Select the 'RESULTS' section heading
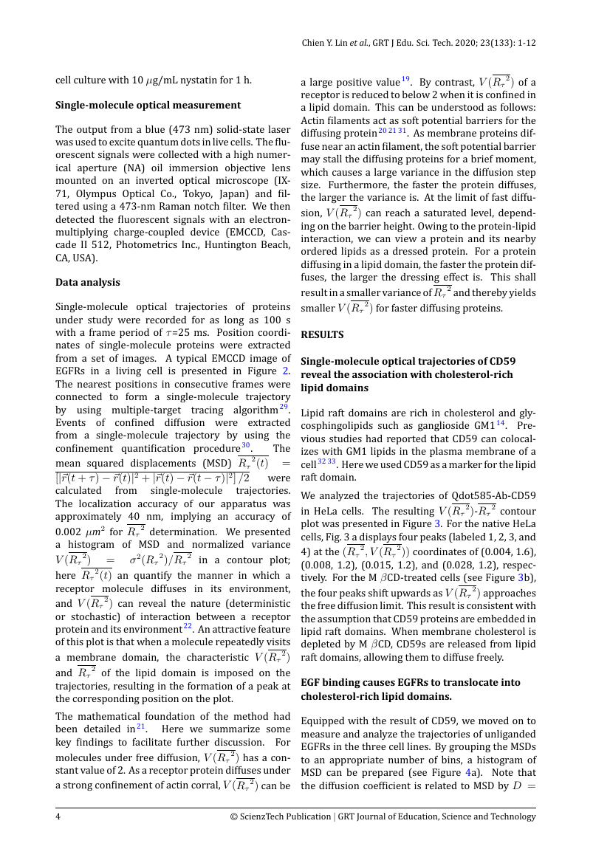pos(322,334)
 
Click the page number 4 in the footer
pos(58,816)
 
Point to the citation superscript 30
pos(247,446)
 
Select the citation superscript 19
pos(406,79)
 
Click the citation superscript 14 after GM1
pos(500,424)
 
